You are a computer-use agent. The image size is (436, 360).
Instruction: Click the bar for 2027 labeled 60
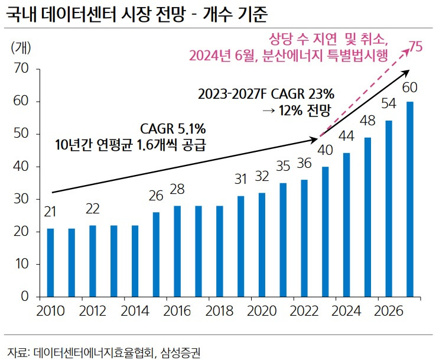click(x=409, y=199)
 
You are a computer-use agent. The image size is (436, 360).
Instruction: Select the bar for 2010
click(x=50, y=262)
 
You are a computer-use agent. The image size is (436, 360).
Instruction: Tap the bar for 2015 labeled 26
click(x=156, y=254)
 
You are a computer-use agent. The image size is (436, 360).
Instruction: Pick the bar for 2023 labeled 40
click(x=325, y=231)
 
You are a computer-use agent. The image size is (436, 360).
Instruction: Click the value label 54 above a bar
click(x=388, y=104)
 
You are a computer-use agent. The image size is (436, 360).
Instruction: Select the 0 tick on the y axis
click(x=25, y=296)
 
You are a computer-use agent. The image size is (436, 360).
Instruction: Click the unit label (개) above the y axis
click(x=23, y=47)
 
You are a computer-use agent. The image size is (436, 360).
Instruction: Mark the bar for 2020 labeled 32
click(x=262, y=244)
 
